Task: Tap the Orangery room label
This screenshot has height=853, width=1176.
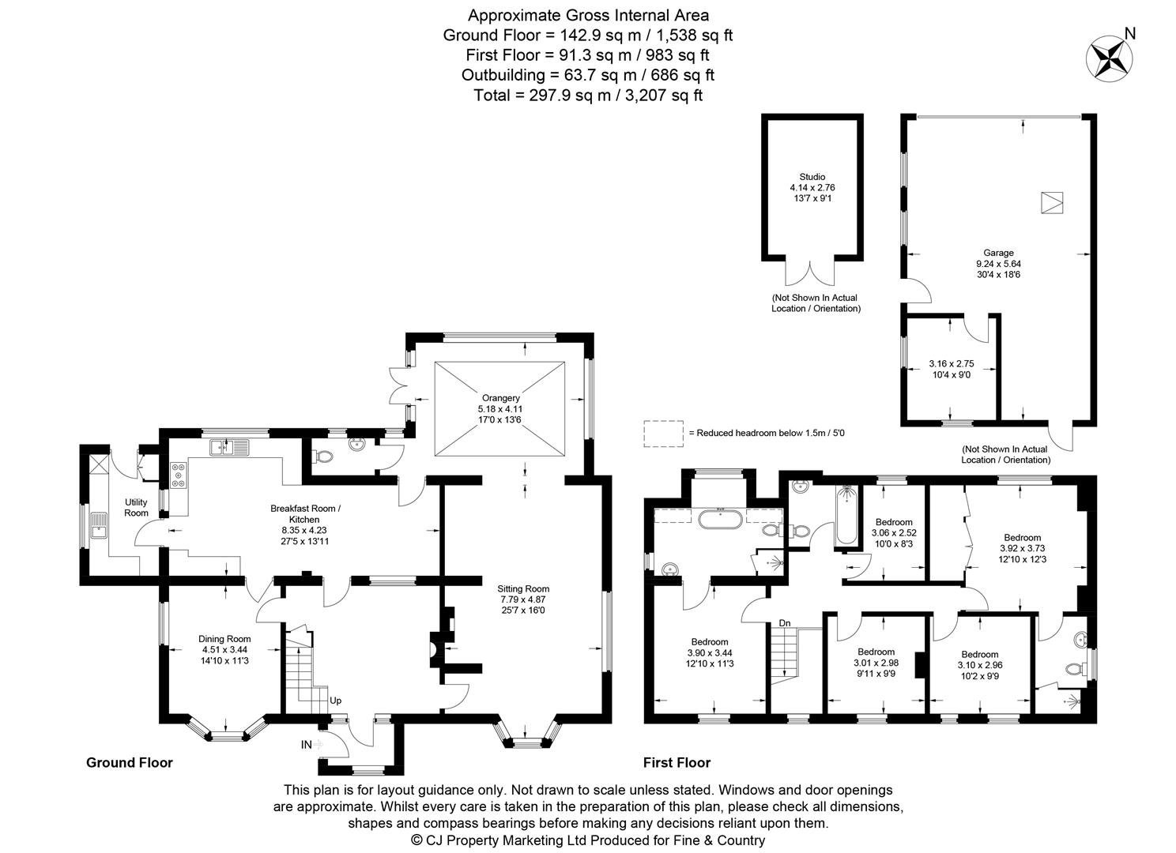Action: [x=500, y=397]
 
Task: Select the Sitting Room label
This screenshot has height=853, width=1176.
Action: [x=523, y=588]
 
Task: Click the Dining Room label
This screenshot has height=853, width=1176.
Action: [x=224, y=639]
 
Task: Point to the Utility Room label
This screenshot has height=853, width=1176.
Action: [x=136, y=507]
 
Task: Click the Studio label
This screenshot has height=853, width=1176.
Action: [x=812, y=177]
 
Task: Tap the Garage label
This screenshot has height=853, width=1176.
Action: [x=998, y=253]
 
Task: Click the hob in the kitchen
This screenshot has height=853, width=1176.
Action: [x=178, y=475]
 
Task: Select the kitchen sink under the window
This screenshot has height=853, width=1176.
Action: [x=229, y=448]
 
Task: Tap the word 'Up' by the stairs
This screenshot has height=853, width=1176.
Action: [x=335, y=701]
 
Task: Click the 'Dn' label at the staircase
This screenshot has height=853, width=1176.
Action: [x=784, y=623]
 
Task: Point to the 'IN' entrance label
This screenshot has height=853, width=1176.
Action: [x=306, y=745]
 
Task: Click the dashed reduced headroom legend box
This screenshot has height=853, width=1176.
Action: [x=664, y=434]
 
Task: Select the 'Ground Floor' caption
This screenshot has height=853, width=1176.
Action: [x=129, y=762]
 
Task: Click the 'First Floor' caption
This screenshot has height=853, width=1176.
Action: [x=677, y=762]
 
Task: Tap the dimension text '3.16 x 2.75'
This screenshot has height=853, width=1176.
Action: [x=952, y=363]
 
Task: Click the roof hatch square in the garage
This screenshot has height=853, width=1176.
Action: [x=1052, y=202]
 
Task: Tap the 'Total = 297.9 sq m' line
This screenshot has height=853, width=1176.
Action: [x=588, y=95]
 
